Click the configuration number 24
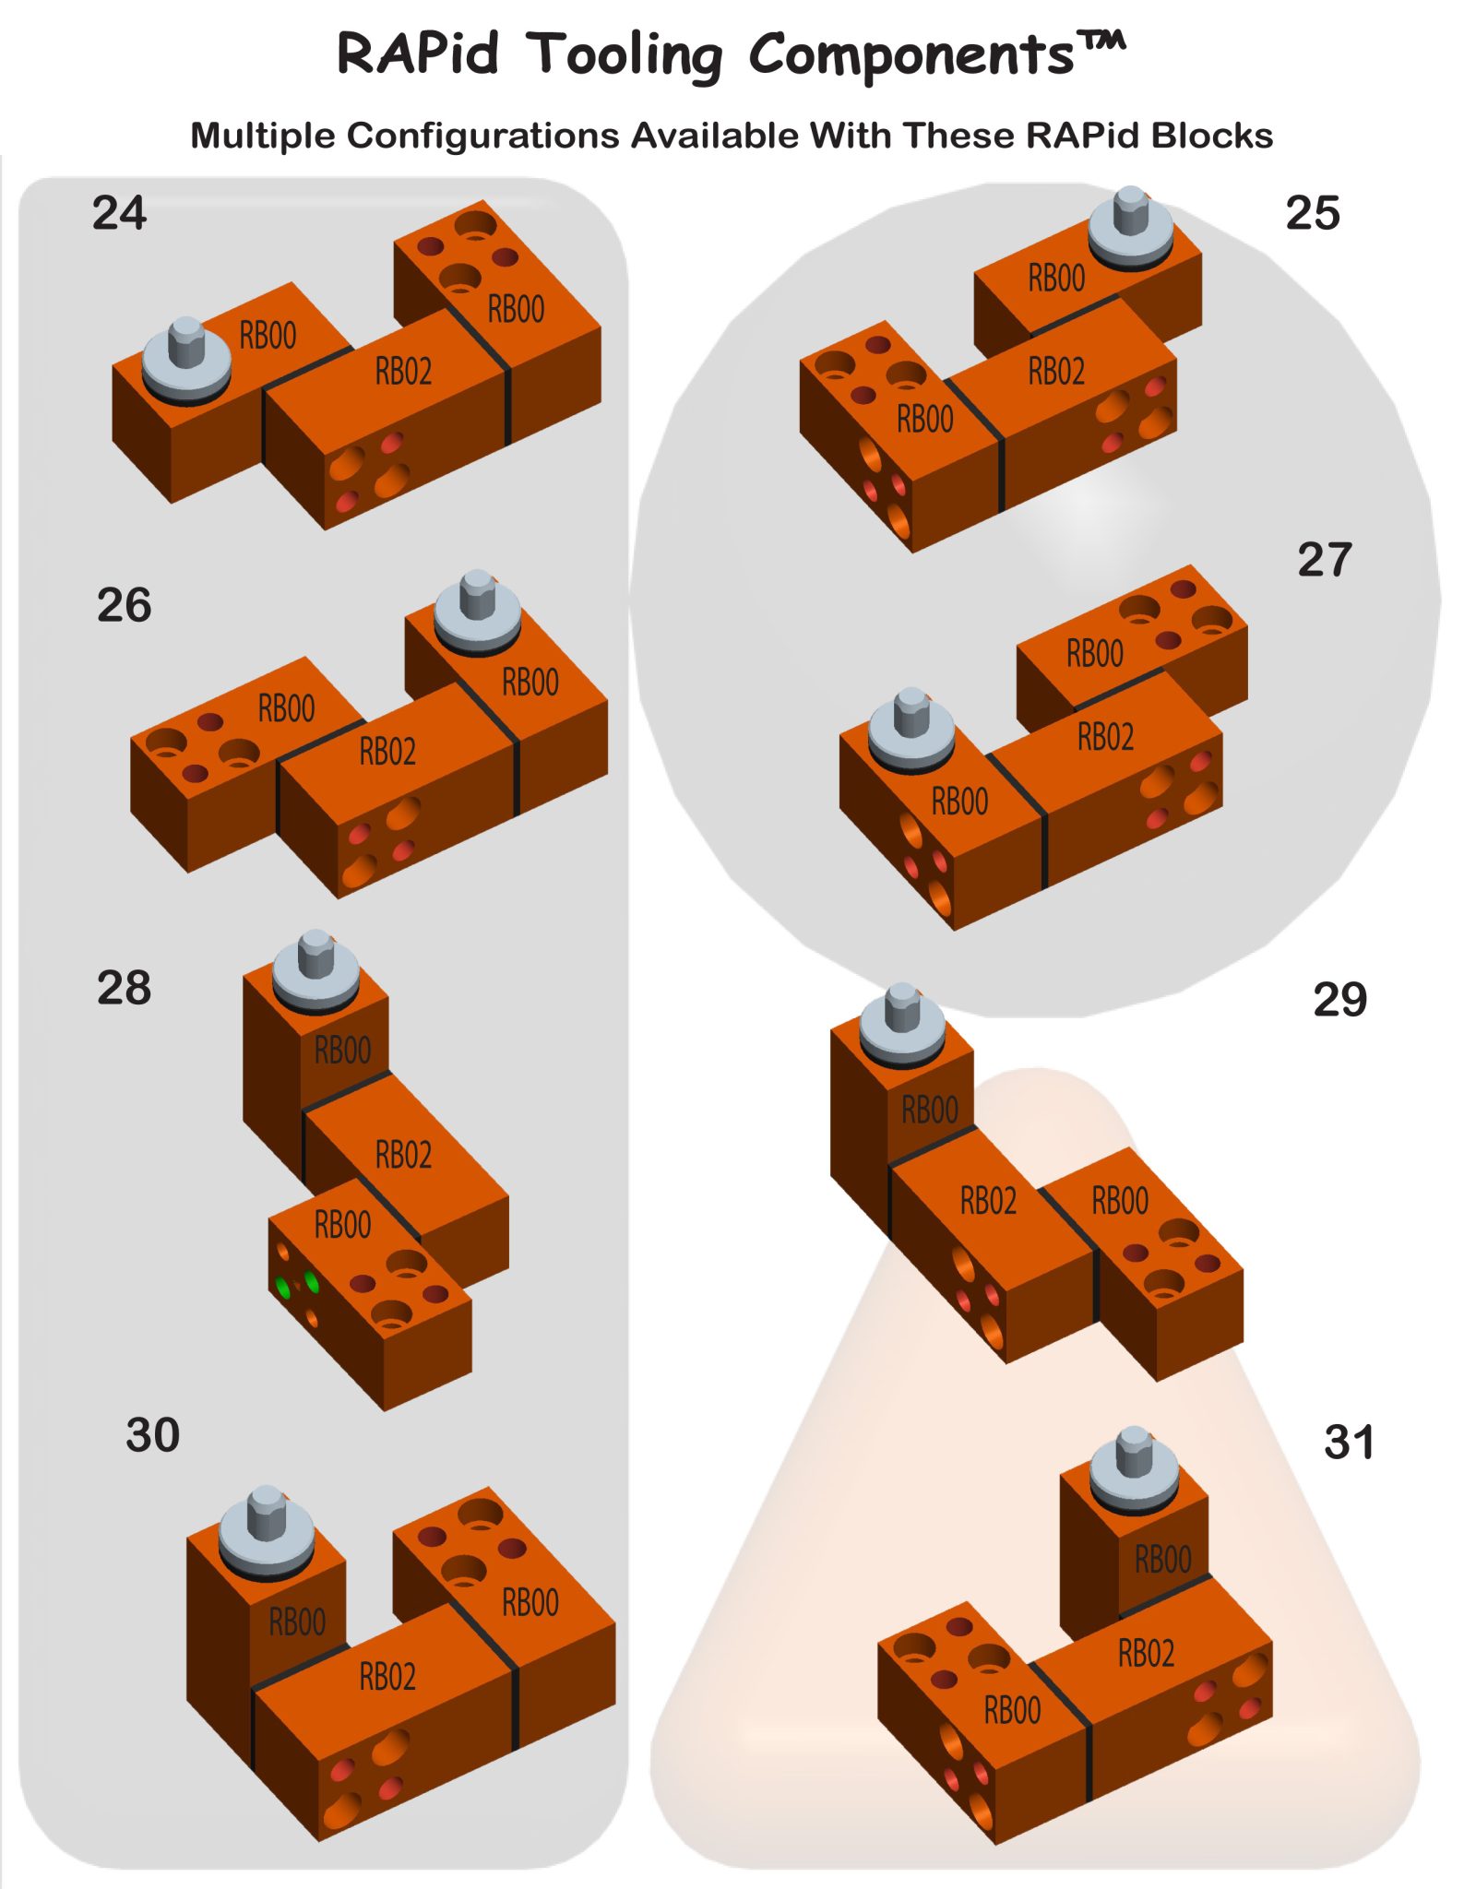click(119, 213)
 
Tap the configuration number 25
click(1312, 213)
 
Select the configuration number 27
click(1324, 560)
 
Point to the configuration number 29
click(1339, 1000)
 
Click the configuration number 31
click(1349, 1442)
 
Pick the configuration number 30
click(152, 1435)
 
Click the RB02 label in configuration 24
click(403, 371)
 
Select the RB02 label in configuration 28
click(403, 1155)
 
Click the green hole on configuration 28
click(311, 1282)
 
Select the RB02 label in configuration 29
click(988, 1201)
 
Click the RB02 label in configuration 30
click(387, 1676)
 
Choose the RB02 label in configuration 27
click(1105, 737)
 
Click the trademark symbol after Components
click(1102, 42)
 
